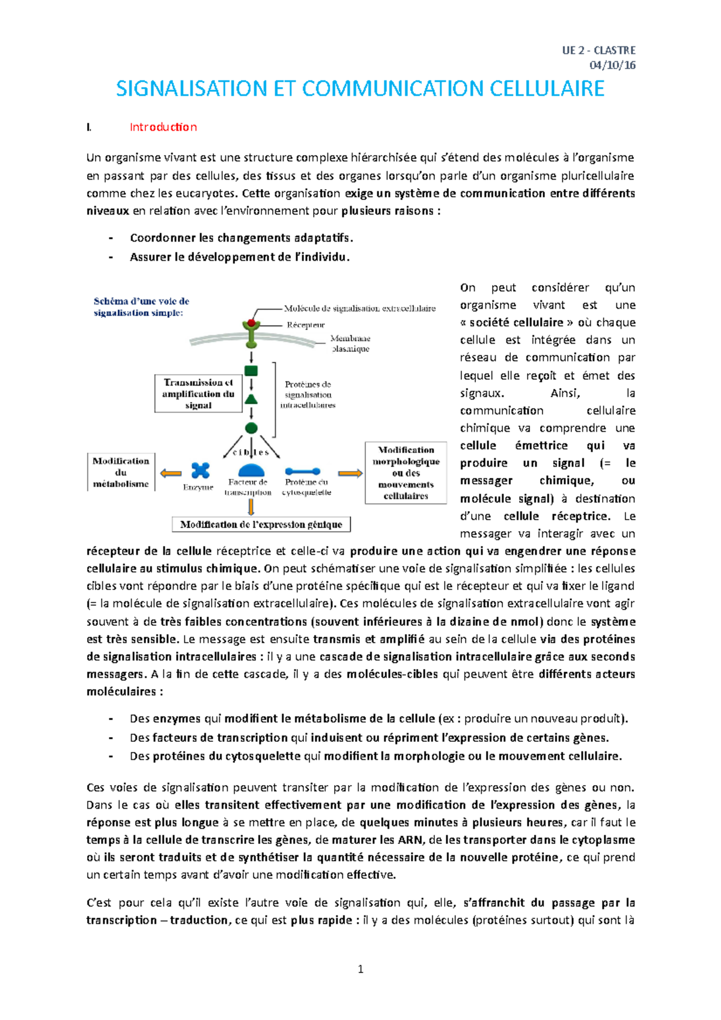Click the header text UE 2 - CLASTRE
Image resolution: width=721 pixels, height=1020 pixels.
point(598,50)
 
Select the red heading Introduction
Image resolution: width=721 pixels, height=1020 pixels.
point(163,127)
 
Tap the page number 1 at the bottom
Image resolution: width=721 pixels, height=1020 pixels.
point(360,968)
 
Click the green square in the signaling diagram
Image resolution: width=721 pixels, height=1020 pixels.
point(251,371)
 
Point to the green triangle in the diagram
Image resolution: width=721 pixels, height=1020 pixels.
point(251,399)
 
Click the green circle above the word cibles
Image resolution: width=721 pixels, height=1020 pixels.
point(251,428)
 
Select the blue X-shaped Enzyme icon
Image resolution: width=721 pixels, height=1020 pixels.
point(200,470)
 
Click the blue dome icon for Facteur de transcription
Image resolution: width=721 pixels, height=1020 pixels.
point(251,470)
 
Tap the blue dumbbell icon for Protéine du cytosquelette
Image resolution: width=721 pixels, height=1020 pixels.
point(303,472)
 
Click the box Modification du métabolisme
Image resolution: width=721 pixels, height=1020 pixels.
point(121,472)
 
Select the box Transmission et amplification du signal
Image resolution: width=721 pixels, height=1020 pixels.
point(198,393)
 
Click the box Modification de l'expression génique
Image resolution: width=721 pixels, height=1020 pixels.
point(261,524)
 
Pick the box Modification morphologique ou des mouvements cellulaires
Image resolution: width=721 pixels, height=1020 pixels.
point(406,473)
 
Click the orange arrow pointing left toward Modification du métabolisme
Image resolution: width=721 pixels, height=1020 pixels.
point(171,473)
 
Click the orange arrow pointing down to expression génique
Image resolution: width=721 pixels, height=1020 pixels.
point(251,507)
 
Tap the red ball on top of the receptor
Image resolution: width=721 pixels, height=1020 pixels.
point(251,323)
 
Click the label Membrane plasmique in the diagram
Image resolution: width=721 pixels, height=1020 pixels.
point(350,344)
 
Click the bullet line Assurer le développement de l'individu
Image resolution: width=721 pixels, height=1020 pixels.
point(239,257)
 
